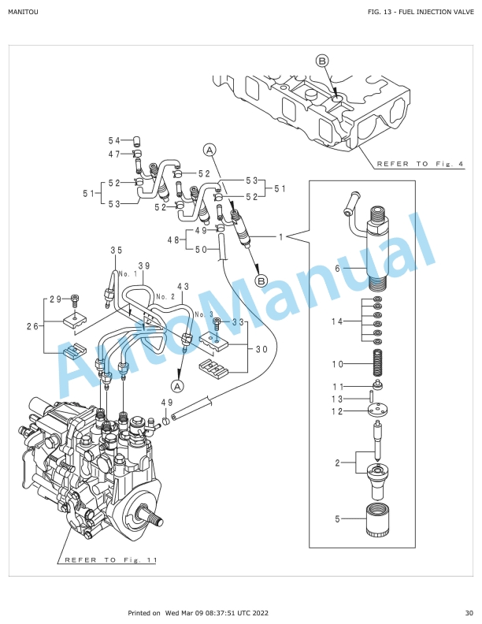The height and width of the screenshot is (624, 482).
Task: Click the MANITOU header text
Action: tap(23, 12)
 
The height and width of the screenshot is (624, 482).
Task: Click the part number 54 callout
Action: tap(114, 140)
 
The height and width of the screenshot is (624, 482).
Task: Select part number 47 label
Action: tap(114, 154)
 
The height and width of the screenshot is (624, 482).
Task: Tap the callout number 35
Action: tap(116, 251)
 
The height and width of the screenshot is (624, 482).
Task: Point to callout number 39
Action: tap(144, 266)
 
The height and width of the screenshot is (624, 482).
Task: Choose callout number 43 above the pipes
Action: tap(184, 287)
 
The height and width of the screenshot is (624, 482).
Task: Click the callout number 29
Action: tap(56, 299)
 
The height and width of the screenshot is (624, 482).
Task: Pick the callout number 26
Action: tap(32, 326)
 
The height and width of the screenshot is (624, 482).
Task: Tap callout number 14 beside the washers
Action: tap(337, 321)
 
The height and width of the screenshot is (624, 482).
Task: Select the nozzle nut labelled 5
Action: tap(377, 519)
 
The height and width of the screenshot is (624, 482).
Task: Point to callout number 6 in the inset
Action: tap(338, 269)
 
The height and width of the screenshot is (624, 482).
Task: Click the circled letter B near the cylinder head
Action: tap(322, 61)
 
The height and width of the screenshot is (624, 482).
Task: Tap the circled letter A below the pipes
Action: tap(178, 385)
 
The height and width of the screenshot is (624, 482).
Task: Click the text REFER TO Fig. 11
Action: tap(111, 560)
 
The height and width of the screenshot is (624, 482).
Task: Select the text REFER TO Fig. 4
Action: tap(421, 164)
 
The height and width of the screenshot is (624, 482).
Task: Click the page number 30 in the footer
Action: tap(469, 613)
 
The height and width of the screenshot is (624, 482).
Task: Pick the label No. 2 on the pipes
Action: tap(165, 296)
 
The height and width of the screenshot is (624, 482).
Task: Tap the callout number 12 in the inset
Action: tap(337, 411)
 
